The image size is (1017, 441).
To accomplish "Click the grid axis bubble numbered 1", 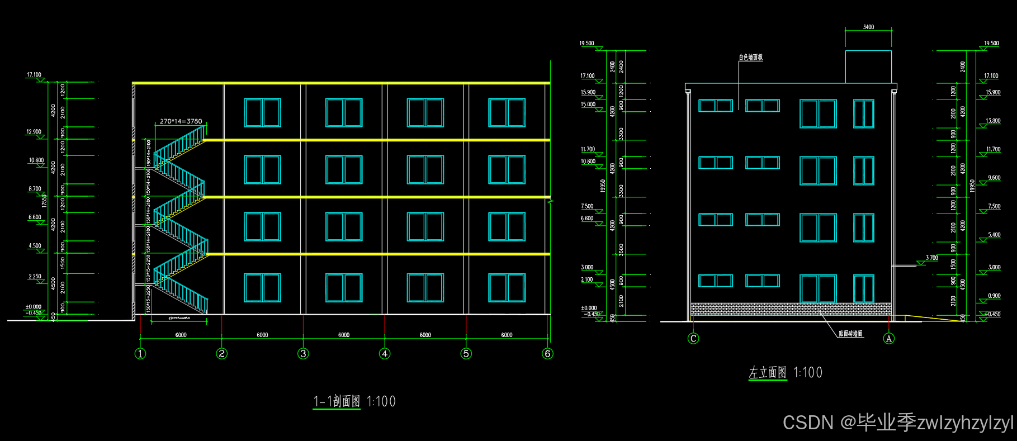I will pyautogui.click(x=140, y=353).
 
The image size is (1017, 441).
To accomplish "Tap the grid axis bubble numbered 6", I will pyautogui.click(x=547, y=353).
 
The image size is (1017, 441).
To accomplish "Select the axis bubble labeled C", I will pyautogui.click(x=693, y=338).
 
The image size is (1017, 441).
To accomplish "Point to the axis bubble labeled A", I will pyautogui.click(x=888, y=338).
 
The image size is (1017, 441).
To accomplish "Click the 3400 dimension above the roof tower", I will pyautogui.click(x=868, y=27).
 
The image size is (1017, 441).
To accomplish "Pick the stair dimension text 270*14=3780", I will pyautogui.click(x=181, y=121).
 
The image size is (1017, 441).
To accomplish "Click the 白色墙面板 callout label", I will pyautogui.click(x=750, y=57).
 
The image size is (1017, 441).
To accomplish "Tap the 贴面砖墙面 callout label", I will pyautogui.click(x=850, y=334).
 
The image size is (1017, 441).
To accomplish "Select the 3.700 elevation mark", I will pyautogui.click(x=931, y=258).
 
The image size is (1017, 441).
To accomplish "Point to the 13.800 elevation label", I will pyautogui.click(x=993, y=121).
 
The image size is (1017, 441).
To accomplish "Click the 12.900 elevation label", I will pyautogui.click(x=34, y=132).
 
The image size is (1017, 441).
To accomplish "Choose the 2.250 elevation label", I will pyautogui.click(x=35, y=276).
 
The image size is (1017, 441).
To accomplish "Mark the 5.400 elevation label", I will pyautogui.click(x=994, y=235).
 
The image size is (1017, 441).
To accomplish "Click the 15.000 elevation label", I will pyautogui.click(x=588, y=105).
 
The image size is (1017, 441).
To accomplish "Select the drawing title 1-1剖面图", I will pyautogui.click(x=337, y=401).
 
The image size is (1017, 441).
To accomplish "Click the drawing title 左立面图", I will pyautogui.click(x=768, y=373).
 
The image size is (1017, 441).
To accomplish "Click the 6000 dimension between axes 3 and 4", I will pyautogui.click(x=344, y=335).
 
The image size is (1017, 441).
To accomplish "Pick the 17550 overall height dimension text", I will pyautogui.click(x=44, y=201).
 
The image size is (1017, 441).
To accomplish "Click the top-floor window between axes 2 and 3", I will pyautogui.click(x=262, y=113).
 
